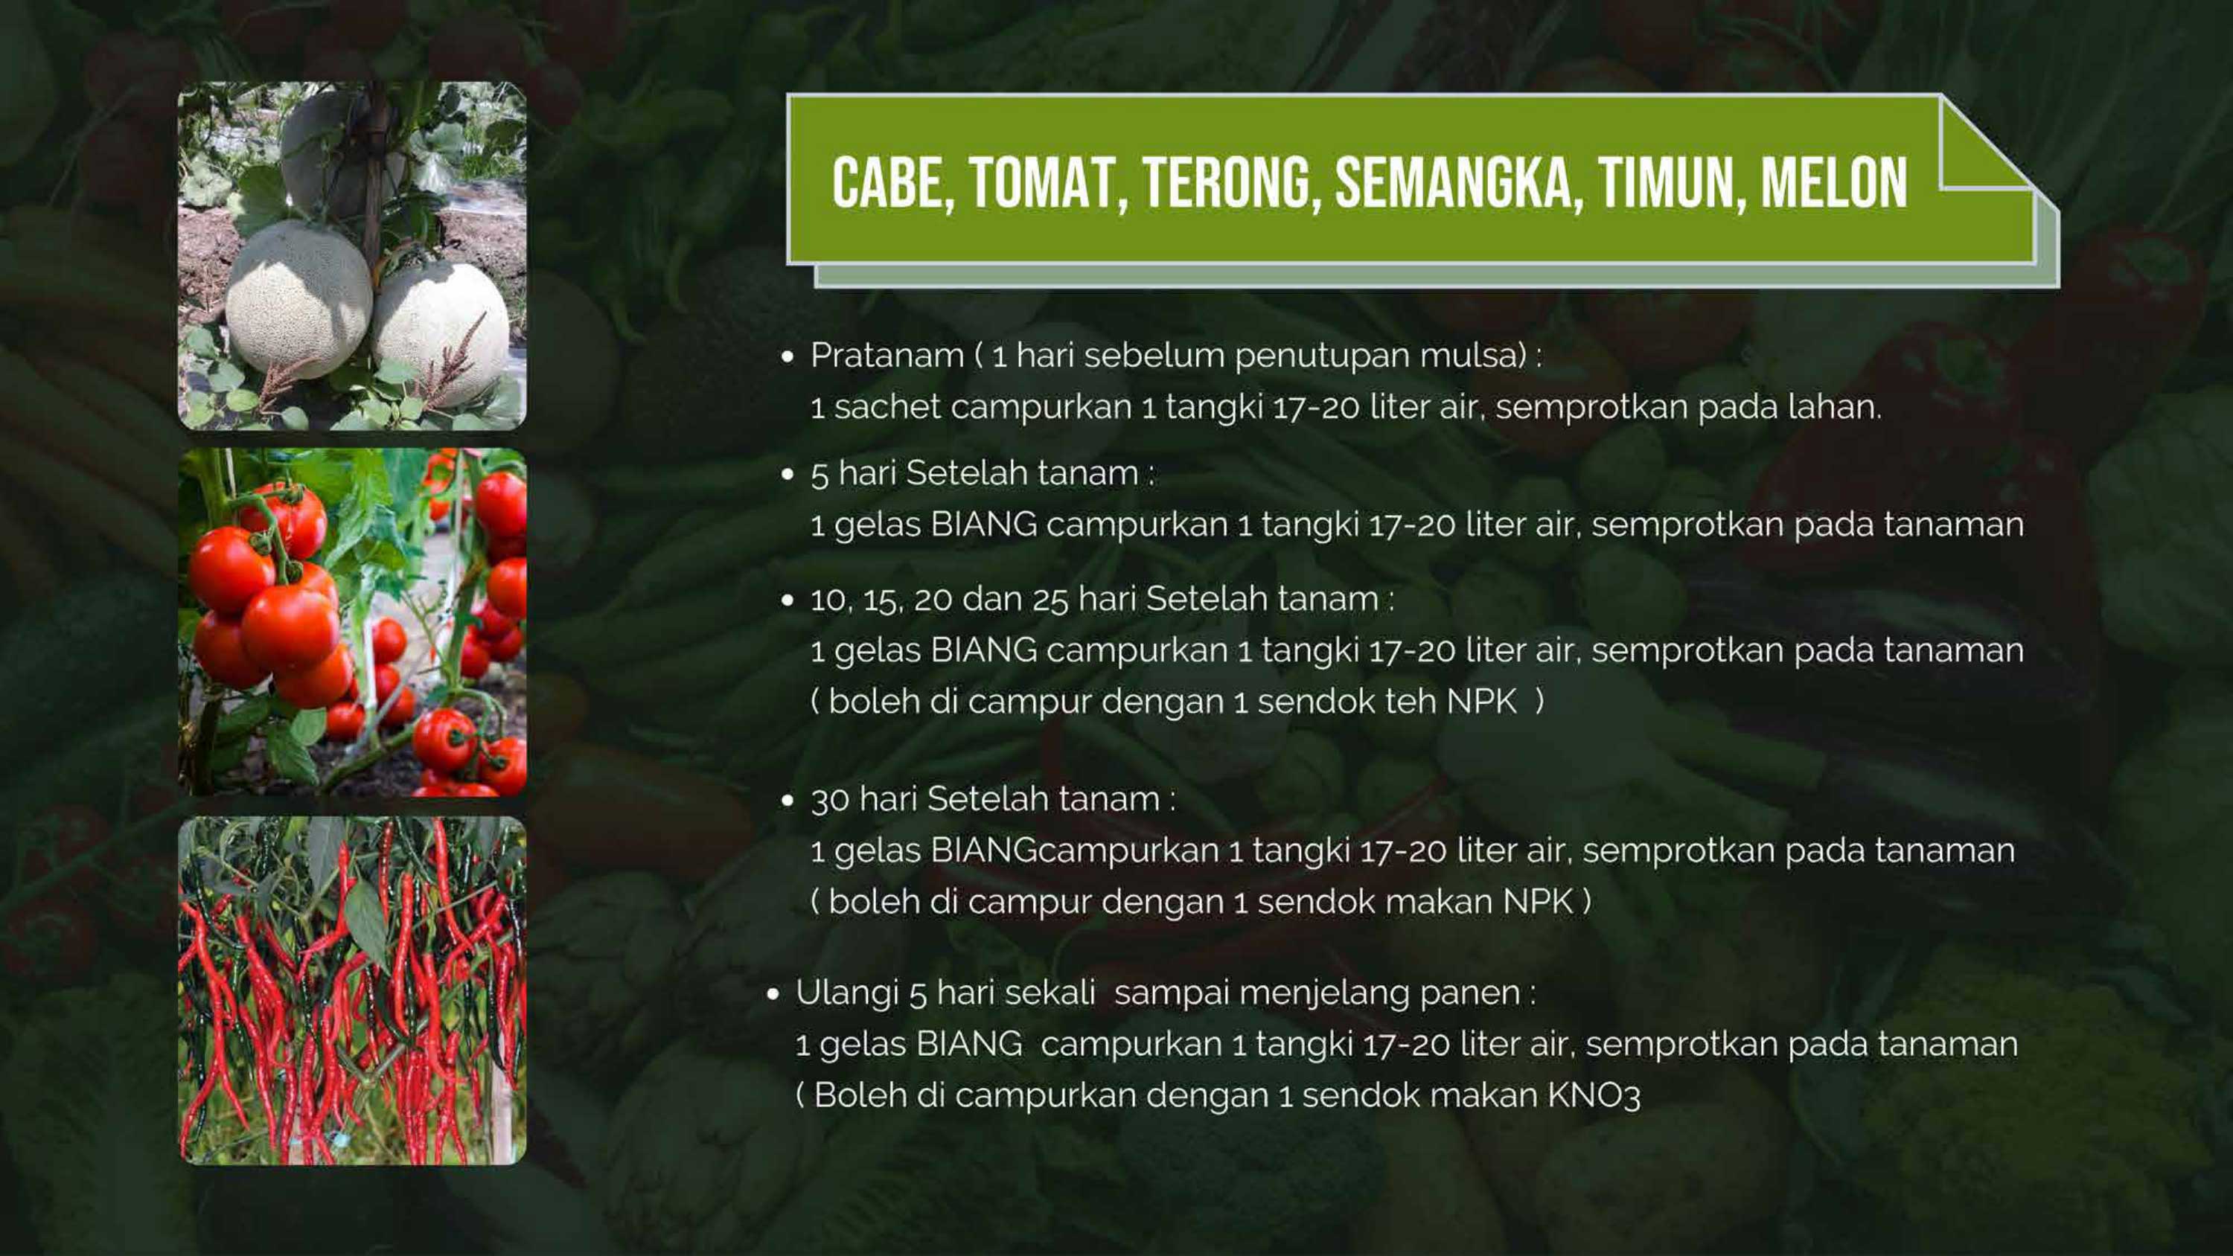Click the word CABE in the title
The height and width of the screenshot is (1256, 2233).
[894, 183]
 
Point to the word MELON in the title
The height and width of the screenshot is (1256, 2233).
[1833, 183]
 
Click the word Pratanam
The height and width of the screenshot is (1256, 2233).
[887, 356]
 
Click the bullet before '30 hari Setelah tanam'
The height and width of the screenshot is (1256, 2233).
[787, 800]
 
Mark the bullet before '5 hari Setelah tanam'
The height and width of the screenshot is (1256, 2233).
[787, 474]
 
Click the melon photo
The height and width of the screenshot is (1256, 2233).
[352, 256]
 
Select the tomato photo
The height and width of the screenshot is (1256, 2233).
[352, 622]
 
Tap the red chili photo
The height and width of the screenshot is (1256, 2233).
[352, 990]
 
